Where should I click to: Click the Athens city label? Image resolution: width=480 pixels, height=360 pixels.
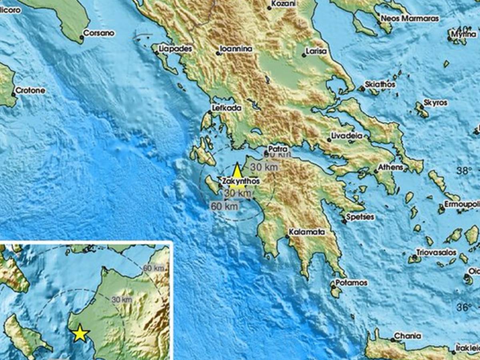[x=391, y=167]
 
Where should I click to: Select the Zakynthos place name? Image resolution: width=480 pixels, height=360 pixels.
[x=241, y=181]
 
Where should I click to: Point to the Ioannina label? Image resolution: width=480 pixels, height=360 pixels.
[x=236, y=49]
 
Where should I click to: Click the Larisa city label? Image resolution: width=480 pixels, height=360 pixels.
[x=316, y=51]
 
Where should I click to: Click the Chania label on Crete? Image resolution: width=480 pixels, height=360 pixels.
[x=408, y=336]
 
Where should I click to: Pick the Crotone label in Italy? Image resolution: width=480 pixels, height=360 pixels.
[x=31, y=90]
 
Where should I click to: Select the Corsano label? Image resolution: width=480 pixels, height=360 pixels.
[x=100, y=33]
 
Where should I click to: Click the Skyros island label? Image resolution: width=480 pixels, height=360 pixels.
[x=436, y=103]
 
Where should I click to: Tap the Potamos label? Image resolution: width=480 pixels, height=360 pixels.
[x=352, y=283]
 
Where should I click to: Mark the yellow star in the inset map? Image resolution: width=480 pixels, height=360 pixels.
[x=80, y=333]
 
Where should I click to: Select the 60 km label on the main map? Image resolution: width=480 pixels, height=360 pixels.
[x=224, y=206]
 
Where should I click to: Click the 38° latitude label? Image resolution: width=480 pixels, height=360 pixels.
[x=464, y=171]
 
